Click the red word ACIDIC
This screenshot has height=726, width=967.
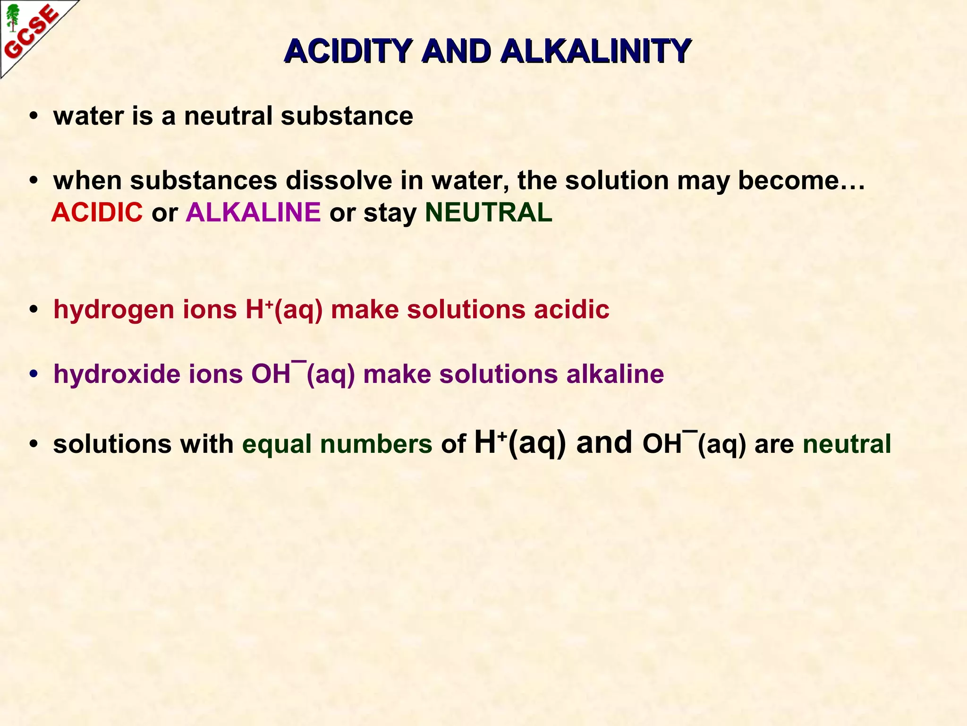pyautogui.click(x=97, y=212)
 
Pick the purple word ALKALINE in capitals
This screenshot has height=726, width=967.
pyautogui.click(x=254, y=212)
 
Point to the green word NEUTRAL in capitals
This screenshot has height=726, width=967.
pyautogui.click(x=489, y=212)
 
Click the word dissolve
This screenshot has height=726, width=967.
pyautogui.click(x=339, y=181)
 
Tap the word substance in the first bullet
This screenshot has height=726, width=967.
pyautogui.click(x=347, y=116)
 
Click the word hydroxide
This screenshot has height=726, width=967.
pyautogui.click(x=117, y=374)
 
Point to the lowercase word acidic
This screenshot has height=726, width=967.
pyautogui.click(x=571, y=310)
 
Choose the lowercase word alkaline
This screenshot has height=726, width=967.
pyautogui.click(x=615, y=374)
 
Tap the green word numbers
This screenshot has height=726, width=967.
pyautogui.click(x=376, y=444)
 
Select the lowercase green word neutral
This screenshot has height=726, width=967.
pyautogui.click(x=847, y=444)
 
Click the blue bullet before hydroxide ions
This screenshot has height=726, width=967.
pyautogui.click(x=33, y=375)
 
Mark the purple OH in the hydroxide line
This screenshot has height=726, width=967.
pyautogui.click(x=271, y=374)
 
